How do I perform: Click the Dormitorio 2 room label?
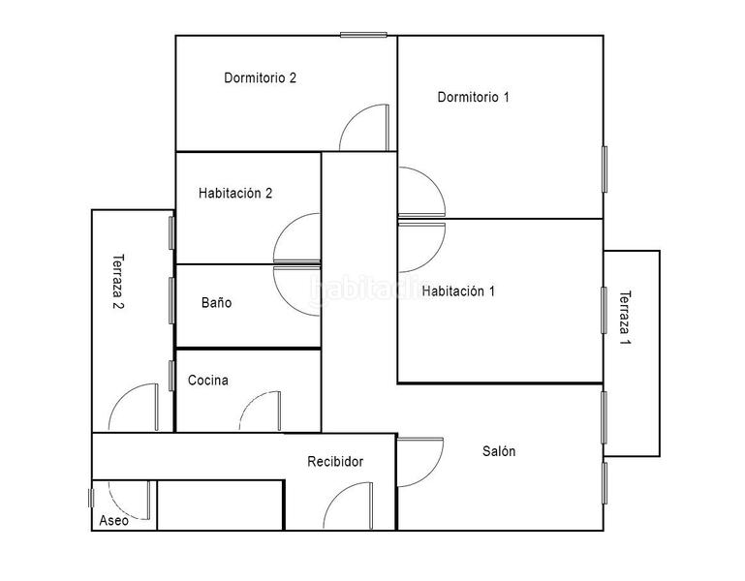coord(260,78)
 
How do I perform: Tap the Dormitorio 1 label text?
coord(473,97)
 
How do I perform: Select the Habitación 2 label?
coord(235,193)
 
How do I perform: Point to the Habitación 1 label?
coord(459,290)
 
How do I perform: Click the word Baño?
coord(216,303)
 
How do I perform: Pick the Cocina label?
coord(208,381)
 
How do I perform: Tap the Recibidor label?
coord(335,462)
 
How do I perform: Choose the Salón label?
coord(499,451)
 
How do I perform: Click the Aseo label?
coord(113,520)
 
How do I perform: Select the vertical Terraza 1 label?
coord(625,319)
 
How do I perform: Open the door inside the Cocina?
coord(257,411)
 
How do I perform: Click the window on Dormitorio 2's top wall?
coord(363,35)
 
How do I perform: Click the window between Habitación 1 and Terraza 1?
coord(604,311)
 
